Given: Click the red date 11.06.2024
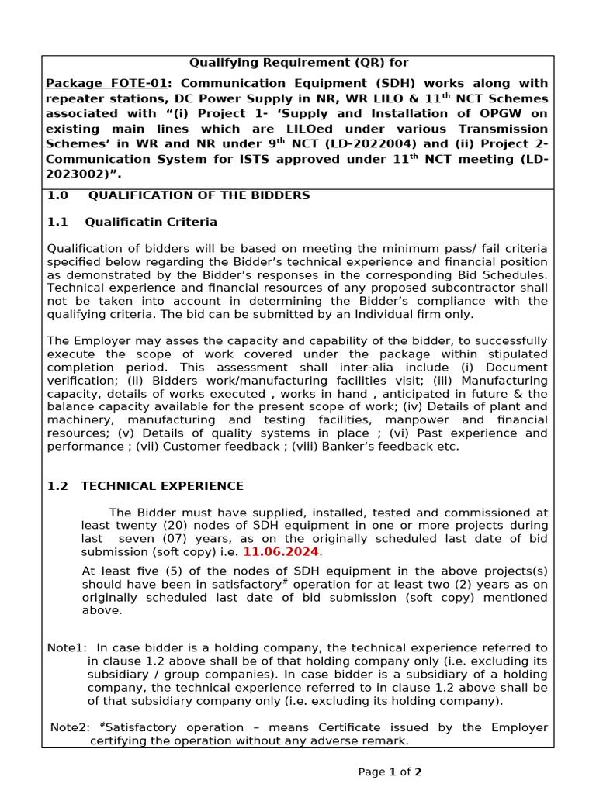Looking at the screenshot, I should [281, 551].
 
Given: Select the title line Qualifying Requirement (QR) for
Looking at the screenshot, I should [299, 63].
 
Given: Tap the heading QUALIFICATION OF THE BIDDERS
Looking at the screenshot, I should [199, 195].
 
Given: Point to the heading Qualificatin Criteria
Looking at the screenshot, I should [151, 222].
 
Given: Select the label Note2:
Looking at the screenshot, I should [71, 727].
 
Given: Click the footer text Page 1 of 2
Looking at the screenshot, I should [390, 772].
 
